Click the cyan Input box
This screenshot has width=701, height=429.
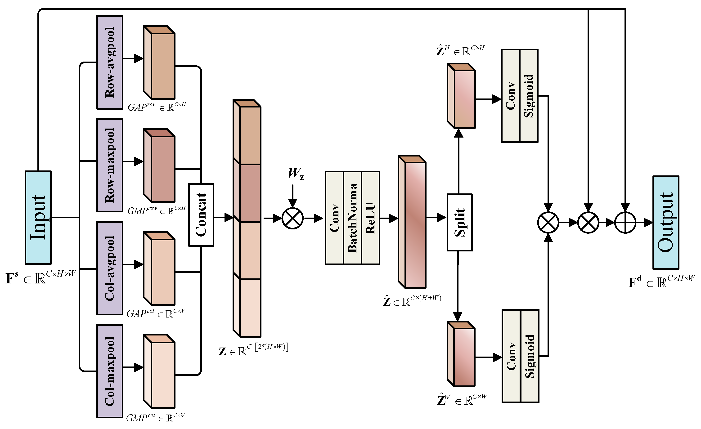pos(38,218)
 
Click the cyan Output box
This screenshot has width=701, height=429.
pos(666,223)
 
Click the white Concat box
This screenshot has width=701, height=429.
pos(201,215)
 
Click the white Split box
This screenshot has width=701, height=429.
pos(460,223)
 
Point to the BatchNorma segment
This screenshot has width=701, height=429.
pos(352,218)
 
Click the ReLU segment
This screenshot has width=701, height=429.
pos(370,218)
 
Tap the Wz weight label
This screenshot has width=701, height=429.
pos(296,173)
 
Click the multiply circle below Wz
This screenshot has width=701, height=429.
pos(292,219)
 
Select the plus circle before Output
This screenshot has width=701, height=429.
pos(625,223)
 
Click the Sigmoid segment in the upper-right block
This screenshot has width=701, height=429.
pos(529,96)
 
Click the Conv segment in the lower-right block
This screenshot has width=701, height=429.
pos(511,356)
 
